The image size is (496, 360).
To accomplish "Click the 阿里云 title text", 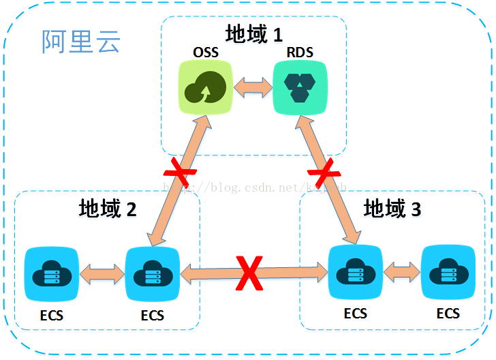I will pyautogui.click(x=81, y=42).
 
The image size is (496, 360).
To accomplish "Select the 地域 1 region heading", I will pyautogui.click(x=253, y=34).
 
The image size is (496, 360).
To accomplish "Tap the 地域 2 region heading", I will pyautogui.click(x=108, y=208).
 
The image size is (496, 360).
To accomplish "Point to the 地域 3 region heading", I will pyautogui.click(x=392, y=208).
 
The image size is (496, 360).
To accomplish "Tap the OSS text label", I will pyautogui.click(x=205, y=52).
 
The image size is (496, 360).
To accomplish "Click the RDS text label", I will pyautogui.click(x=298, y=52).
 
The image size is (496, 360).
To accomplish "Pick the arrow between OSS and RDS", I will pyautogui.click(x=252, y=87).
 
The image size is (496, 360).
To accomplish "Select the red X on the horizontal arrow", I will pyautogui.click(x=250, y=274).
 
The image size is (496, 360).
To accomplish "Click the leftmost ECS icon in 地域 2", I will pyautogui.click(x=51, y=275).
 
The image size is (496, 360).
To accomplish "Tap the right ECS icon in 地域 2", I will pyautogui.click(x=153, y=275).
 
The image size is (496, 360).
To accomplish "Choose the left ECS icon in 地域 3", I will pyautogui.click(x=355, y=273).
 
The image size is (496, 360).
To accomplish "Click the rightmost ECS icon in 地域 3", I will pyautogui.click(x=448, y=273).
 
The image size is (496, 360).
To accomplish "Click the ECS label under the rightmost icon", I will pyautogui.click(x=448, y=314).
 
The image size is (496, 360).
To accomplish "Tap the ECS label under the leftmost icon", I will pyautogui.click(x=51, y=316).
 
